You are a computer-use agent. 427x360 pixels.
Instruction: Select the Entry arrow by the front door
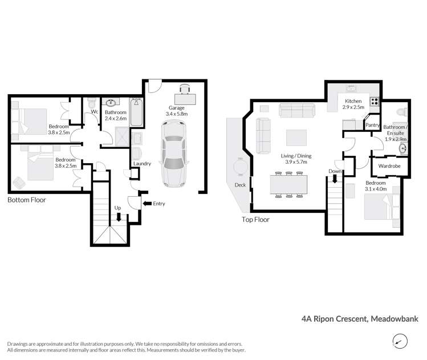(x=148, y=203)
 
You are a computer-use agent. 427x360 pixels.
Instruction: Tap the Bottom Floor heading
(x=27, y=200)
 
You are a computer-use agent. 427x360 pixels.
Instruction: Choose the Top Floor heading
(x=255, y=219)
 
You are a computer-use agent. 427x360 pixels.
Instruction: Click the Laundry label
(x=141, y=164)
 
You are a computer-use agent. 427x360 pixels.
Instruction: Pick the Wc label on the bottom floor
(x=95, y=112)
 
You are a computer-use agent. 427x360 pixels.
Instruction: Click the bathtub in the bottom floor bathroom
(x=137, y=113)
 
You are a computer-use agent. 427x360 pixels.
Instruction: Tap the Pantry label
(x=372, y=125)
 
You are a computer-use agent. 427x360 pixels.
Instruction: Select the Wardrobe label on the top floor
(x=386, y=166)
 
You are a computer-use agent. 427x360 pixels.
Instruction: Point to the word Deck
(x=240, y=185)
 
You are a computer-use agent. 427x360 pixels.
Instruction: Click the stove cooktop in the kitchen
(x=375, y=102)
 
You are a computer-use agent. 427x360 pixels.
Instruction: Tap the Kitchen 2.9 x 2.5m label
(x=353, y=104)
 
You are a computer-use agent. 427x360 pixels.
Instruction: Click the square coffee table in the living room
(x=296, y=137)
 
